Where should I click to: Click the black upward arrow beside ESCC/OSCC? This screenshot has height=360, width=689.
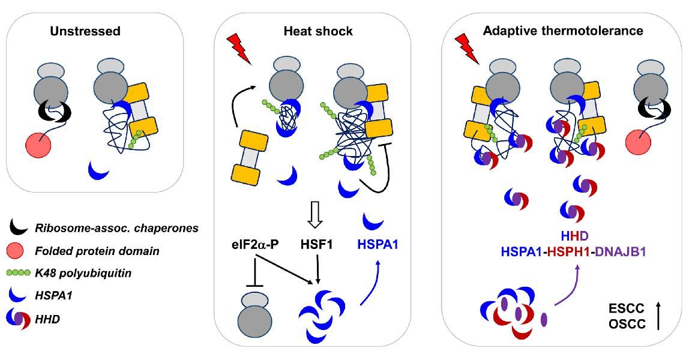(x=659, y=316)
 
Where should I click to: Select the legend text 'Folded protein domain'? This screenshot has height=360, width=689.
(x=106, y=251)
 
